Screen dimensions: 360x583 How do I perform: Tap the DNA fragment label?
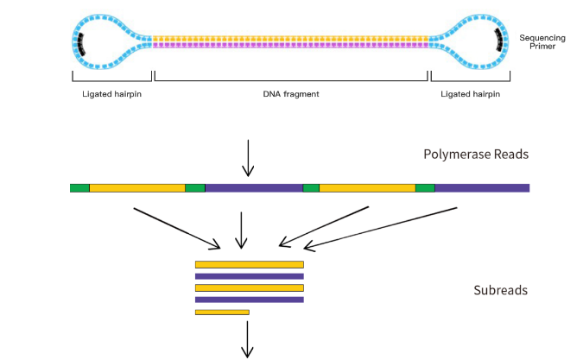291,93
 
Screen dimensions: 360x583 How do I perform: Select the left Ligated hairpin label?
106,93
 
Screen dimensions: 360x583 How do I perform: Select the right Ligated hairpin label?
470,93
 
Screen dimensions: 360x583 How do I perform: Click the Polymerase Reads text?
476,155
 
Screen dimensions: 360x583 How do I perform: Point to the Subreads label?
501,290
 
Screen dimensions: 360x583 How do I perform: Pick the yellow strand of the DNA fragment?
291,38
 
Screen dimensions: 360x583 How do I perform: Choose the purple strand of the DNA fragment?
291,45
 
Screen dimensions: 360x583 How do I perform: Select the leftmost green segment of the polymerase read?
79,187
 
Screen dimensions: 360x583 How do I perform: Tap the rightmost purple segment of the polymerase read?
482,187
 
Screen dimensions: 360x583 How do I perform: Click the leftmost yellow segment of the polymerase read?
137,187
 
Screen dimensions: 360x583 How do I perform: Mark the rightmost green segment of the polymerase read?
425,187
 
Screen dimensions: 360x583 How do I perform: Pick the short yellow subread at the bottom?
222,312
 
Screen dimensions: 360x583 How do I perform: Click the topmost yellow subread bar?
250,264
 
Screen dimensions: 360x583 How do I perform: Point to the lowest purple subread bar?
250,300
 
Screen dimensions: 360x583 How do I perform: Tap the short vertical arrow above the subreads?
242,231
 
